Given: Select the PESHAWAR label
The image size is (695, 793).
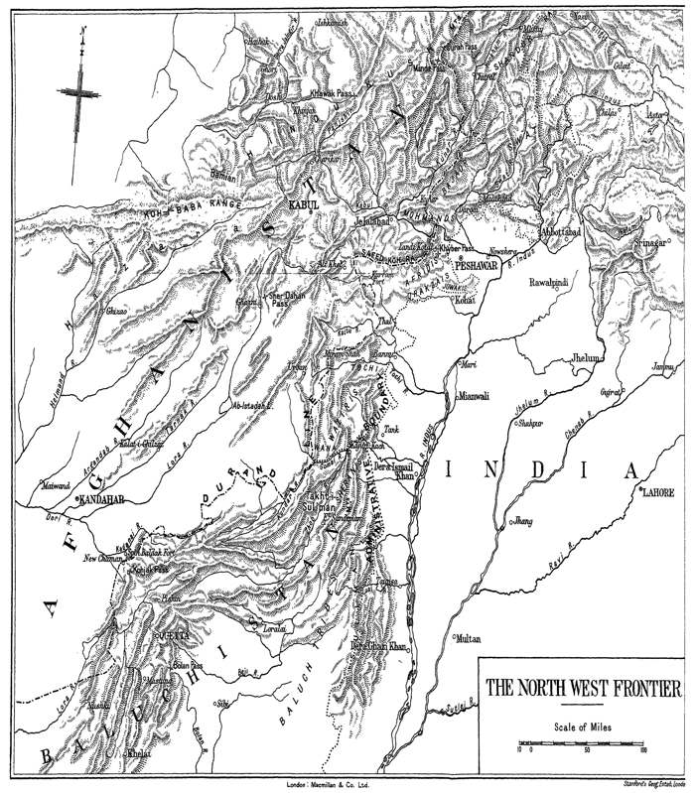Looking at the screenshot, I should [477, 267].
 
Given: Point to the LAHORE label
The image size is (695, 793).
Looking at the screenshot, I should [659, 491].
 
